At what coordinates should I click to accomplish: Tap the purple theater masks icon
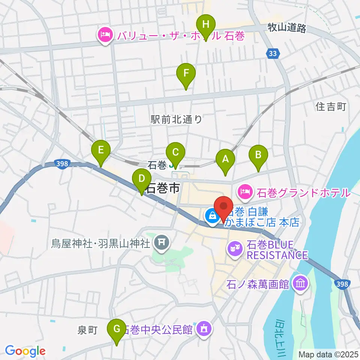click(x=235, y=248)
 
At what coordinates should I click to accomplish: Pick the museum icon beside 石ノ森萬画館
click(x=301, y=283)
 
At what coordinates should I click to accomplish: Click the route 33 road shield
click(x=273, y=54)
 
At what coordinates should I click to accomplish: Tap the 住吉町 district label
click(x=330, y=107)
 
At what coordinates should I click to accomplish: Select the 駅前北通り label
click(x=176, y=120)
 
